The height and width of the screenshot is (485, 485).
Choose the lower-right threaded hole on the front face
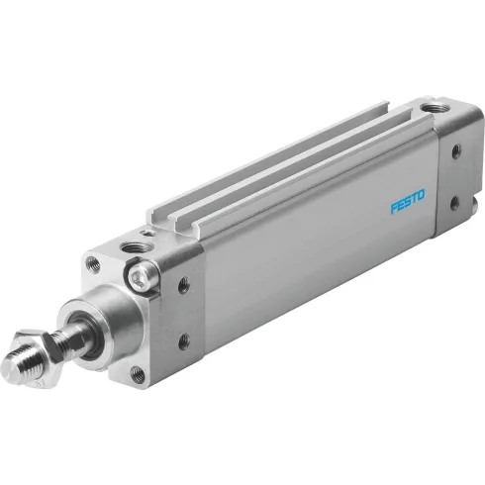point(138,374)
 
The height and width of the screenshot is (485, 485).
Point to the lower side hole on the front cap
point(183,342)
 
